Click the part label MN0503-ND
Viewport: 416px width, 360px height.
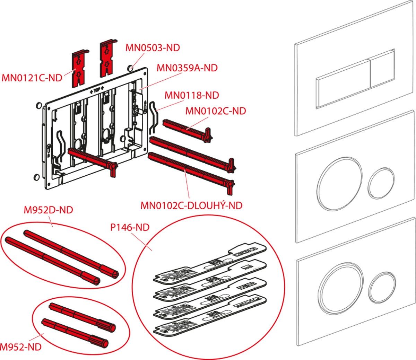pos(153,47)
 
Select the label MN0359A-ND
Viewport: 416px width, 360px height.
pos(187,68)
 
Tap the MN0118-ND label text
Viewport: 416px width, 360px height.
pos(191,95)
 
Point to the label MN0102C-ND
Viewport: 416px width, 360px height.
pos(216,111)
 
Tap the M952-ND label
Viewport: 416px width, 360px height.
pos(21,346)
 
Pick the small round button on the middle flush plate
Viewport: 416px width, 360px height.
pos(381,183)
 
